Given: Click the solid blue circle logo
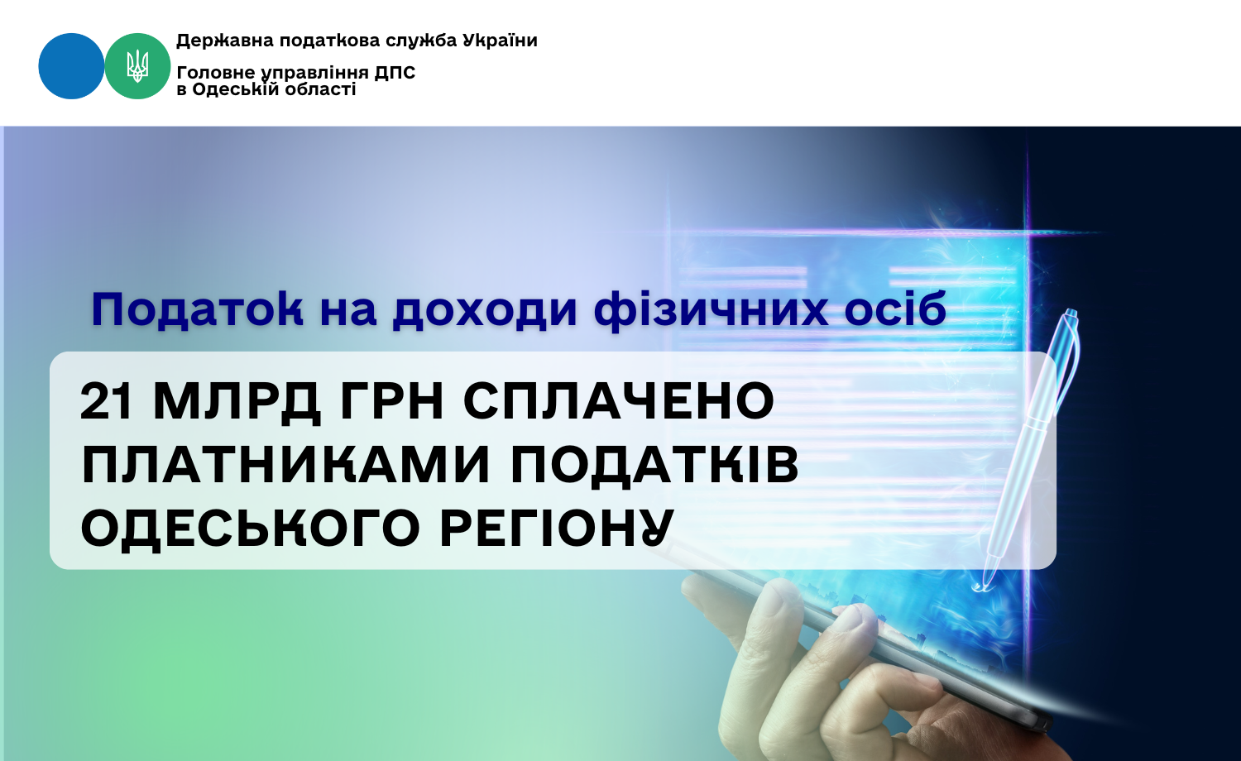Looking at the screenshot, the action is [71, 66].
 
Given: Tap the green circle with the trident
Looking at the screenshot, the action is [137, 66].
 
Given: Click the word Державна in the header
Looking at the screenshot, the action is [225, 41].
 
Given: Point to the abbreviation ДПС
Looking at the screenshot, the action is [395, 73].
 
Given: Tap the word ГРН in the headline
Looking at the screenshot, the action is [392, 401].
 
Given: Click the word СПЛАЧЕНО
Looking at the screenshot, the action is [619, 401].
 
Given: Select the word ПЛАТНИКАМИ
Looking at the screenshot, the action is [285, 465].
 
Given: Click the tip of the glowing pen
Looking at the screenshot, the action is [979, 588].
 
